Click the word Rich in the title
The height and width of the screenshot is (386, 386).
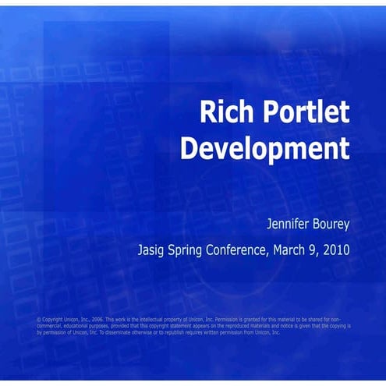[x=222, y=114]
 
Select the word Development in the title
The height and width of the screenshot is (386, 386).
[x=264, y=148]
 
